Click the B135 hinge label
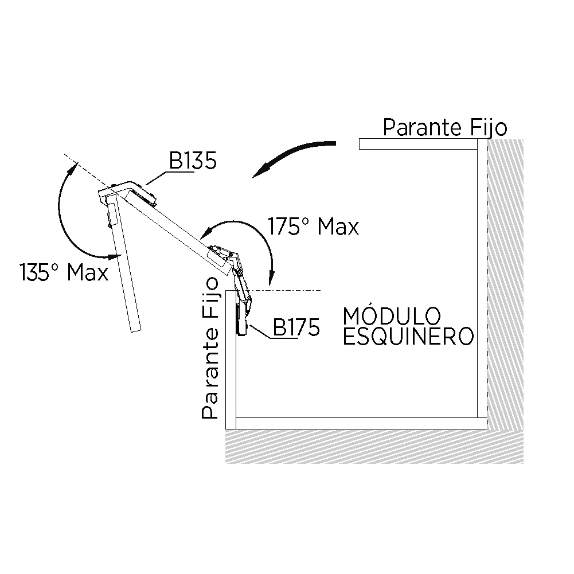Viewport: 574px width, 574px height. click(x=193, y=161)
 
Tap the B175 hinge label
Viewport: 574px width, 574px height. click(x=296, y=327)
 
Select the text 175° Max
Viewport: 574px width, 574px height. click(x=313, y=227)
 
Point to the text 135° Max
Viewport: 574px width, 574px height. click(x=64, y=272)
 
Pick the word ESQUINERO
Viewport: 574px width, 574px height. click(x=408, y=337)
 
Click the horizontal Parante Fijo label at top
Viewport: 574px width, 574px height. click(x=445, y=127)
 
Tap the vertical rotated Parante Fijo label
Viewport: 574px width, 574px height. click(x=210, y=347)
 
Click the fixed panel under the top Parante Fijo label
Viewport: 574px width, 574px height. click(x=418, y=144)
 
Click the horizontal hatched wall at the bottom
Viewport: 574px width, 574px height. click(x=374, y=447)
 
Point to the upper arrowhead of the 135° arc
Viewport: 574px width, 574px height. click(x=73, y=169)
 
